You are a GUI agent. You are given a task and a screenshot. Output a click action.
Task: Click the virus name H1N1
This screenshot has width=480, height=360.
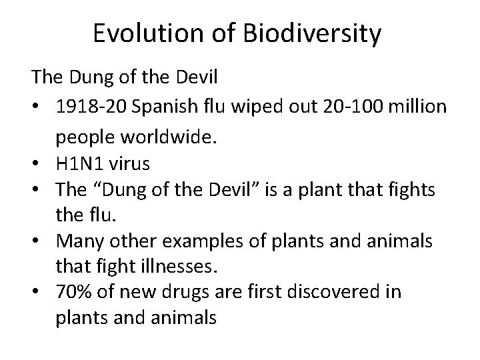[81, 163]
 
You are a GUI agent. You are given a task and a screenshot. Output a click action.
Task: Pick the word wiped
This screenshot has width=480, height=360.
[246, 108]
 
